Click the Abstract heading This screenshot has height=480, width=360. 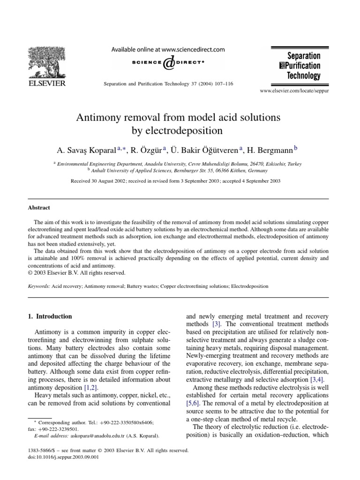pyautogui.click(x=39, y=208)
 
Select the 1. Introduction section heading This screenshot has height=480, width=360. pyautogui.click(x=51, y=316)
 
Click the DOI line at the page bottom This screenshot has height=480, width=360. pyautogui.click(x=64, y=457)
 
